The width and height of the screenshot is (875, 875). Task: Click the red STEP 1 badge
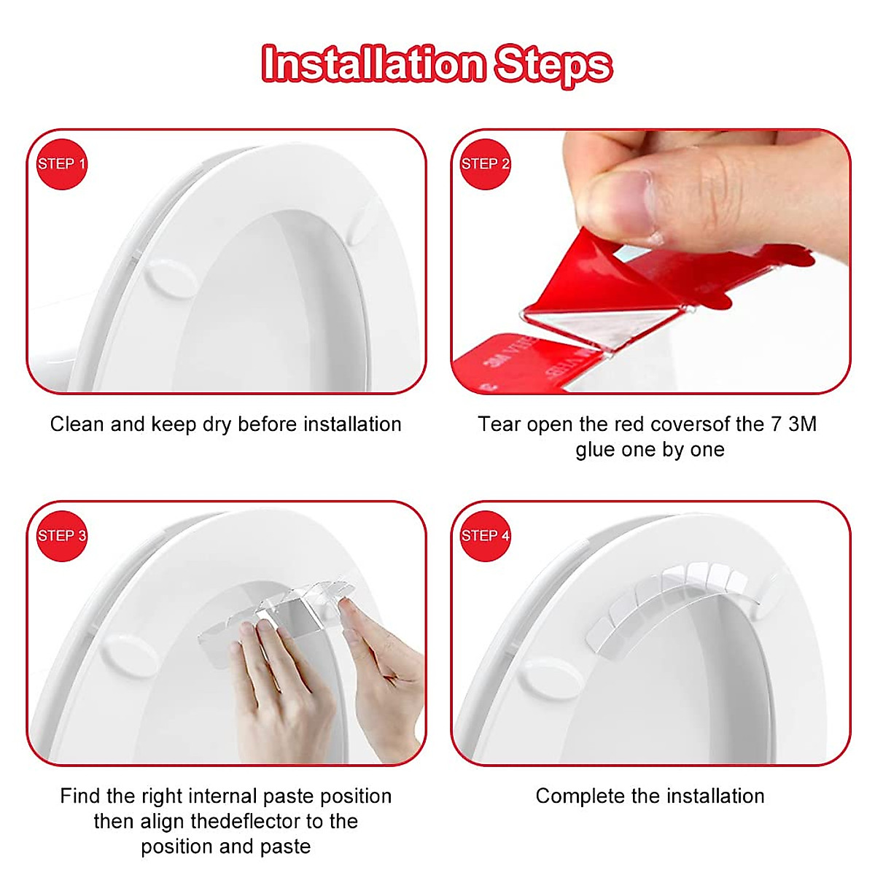[61, 164]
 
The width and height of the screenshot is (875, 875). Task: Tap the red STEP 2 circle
[485, 164]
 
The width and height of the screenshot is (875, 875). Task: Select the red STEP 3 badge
[61, 536]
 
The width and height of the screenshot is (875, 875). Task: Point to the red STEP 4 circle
[485, 536]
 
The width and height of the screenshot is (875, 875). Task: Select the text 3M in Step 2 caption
[802, 424]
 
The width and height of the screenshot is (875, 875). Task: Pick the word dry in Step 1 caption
[216, 424]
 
